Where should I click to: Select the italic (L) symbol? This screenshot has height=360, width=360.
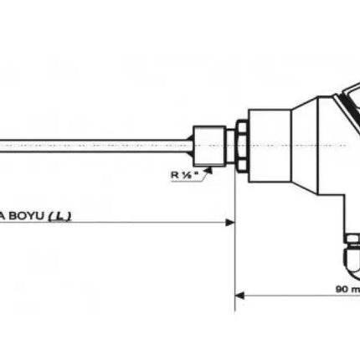click(59, 215)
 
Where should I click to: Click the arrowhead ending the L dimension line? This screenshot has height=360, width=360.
click(229, 223)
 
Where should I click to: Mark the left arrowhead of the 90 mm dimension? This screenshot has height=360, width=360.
click(239, 294)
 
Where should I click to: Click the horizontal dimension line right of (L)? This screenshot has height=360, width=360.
click(151, 223)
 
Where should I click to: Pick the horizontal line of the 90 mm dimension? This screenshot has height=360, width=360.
click(285, 294)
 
